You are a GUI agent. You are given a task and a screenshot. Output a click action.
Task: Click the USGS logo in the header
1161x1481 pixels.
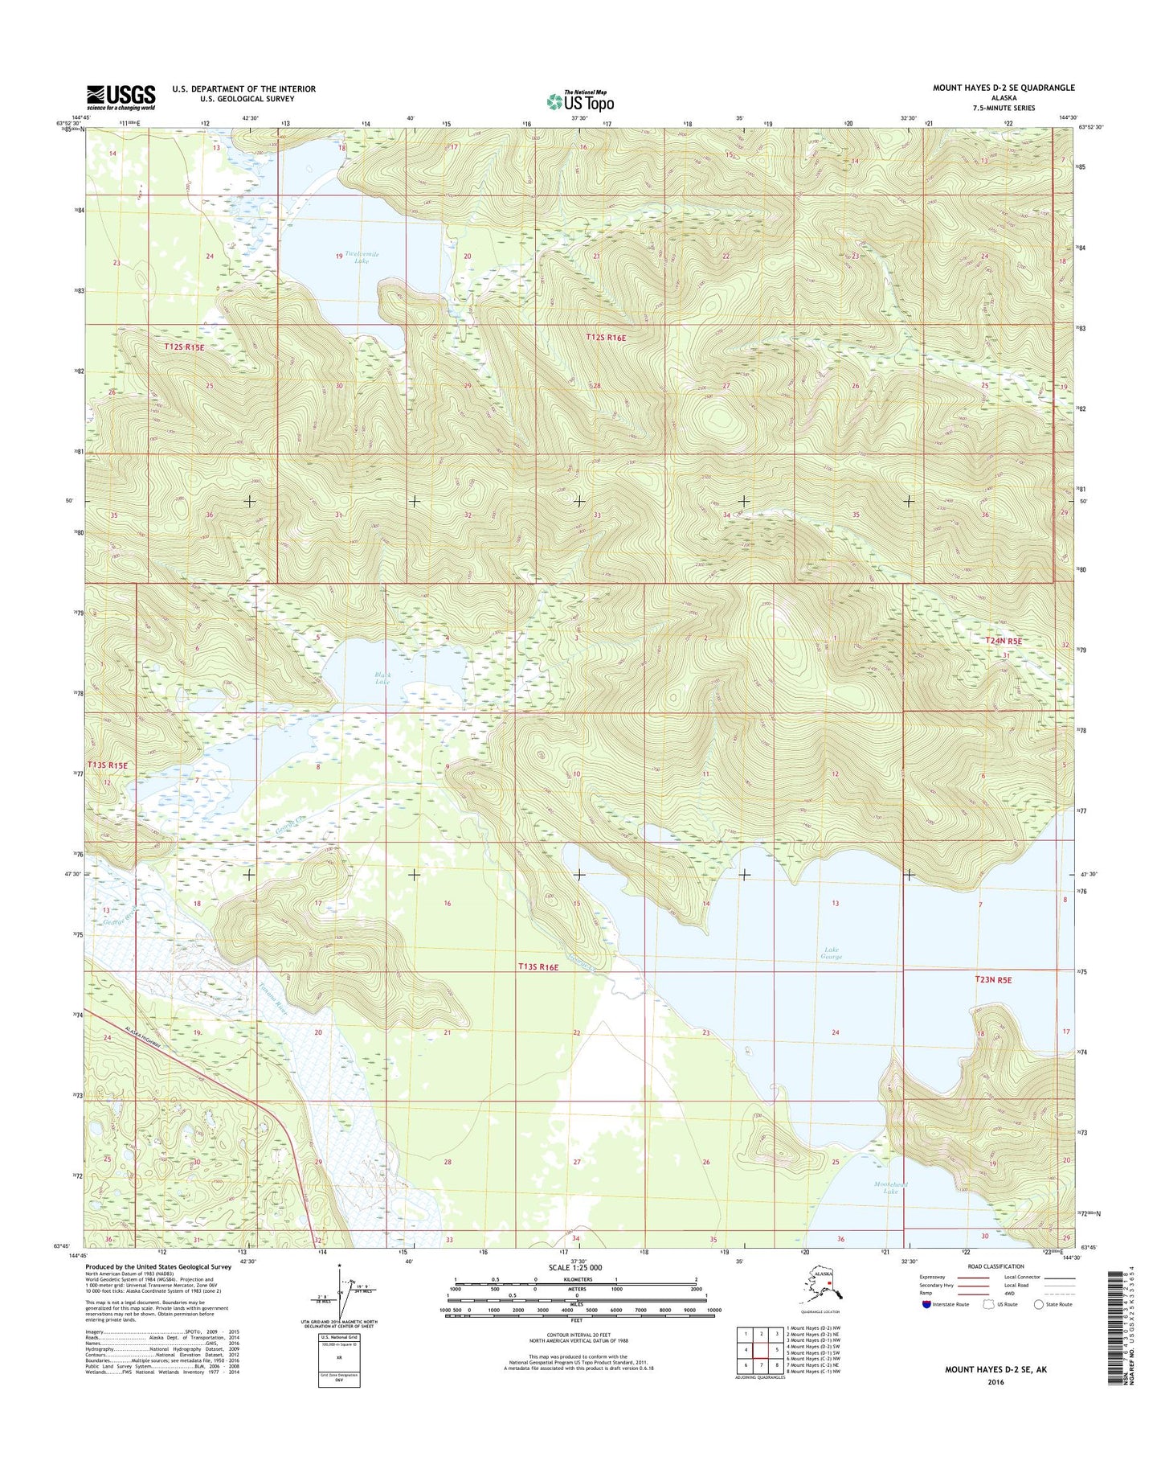coord(121,96)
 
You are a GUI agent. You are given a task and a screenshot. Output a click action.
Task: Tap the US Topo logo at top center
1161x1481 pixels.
coord(580,101)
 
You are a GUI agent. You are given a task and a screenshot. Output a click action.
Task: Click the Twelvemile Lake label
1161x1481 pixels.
coord(362,257)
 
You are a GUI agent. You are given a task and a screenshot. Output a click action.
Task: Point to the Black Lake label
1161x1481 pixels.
coord(382,677)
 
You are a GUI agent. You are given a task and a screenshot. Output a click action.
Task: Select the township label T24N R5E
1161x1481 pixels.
coord(1004,641)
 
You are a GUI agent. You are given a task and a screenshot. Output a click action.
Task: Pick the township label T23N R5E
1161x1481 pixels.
coord(993,980)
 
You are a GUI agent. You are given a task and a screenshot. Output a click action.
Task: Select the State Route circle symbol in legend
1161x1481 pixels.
coord(1039,1304)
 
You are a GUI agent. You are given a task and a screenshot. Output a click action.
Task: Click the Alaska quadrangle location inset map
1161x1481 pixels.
coord(823,1286)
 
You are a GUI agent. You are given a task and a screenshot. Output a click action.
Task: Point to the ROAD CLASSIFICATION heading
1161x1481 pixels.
coord(996,1266)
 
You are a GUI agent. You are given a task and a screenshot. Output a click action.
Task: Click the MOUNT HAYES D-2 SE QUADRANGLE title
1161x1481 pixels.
coord(1003,88)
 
